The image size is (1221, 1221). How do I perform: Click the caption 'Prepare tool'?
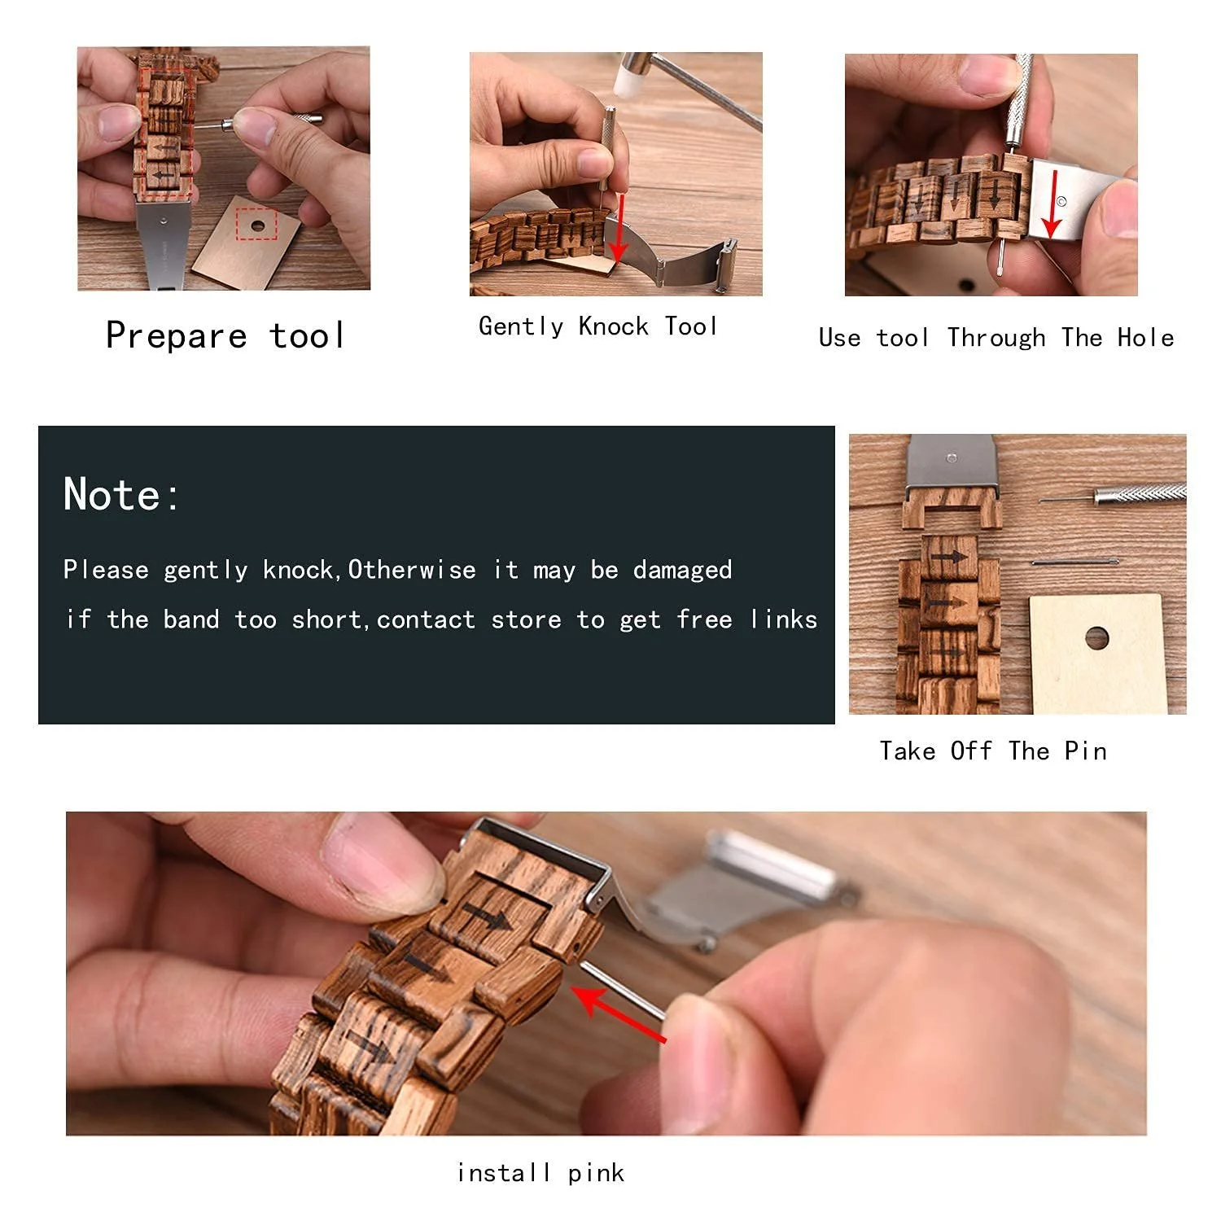225,335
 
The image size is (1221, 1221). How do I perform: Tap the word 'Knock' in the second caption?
613,326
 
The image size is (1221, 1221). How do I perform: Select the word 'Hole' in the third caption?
1145,337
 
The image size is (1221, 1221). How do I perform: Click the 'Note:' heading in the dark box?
122,494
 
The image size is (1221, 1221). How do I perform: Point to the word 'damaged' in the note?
682,570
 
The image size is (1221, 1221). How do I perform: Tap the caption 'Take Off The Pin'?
993,751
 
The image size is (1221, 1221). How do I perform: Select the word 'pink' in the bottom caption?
596,1173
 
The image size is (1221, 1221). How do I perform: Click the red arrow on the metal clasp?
1053,203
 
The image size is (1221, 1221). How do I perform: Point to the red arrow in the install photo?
618,1013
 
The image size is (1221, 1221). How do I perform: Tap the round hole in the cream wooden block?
1096,638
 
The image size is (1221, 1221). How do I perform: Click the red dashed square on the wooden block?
256,223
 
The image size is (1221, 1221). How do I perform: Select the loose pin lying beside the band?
1074,562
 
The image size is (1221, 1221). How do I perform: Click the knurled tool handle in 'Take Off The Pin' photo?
1140,493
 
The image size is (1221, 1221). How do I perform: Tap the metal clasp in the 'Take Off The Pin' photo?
951,462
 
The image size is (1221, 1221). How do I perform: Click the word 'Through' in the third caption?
996,337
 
